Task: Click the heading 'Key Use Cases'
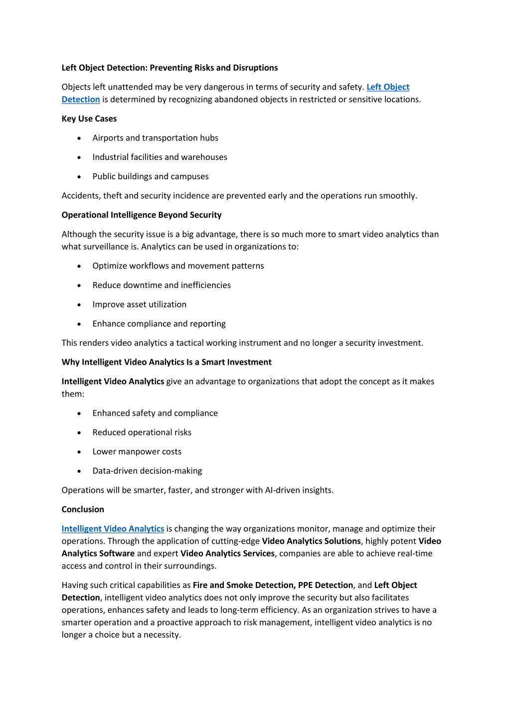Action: pyautogui.click(x=89, y=119)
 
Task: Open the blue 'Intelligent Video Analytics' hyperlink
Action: pyautogui.click(x=113, y=529)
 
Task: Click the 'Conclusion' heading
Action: pyautogui.click(x=83, y=509)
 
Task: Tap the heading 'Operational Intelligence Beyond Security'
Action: pyautogui.click(x=142, y=215)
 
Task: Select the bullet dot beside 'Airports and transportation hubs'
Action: pyautogui.click(x=79, y=138)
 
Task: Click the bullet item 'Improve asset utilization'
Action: pyautogui.click(x=139, y=304)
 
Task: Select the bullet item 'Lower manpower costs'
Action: pyautogui.click(x=137, y=451)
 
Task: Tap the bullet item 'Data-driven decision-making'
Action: pyautogui.click(x=147, y=471)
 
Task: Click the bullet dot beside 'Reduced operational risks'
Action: pyautogui.click(x=79, y=433)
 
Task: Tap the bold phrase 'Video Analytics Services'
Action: pyautogui.click(x=227, y=554)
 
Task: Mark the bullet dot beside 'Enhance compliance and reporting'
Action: pyautogui.click(x=79, y=324)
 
